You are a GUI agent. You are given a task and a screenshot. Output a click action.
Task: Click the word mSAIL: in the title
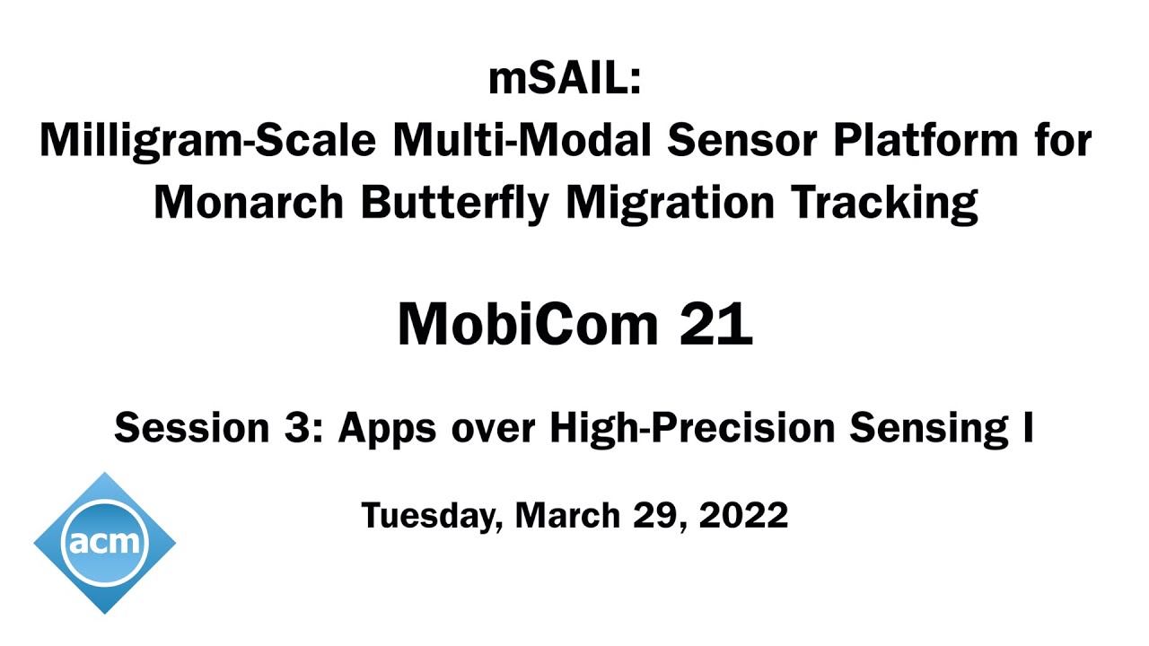click(x=565, y=80)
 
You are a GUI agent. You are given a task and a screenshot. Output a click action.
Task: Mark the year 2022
click(x=743, y=516)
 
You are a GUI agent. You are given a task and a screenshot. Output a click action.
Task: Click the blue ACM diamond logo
click(x=105, y=542)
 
